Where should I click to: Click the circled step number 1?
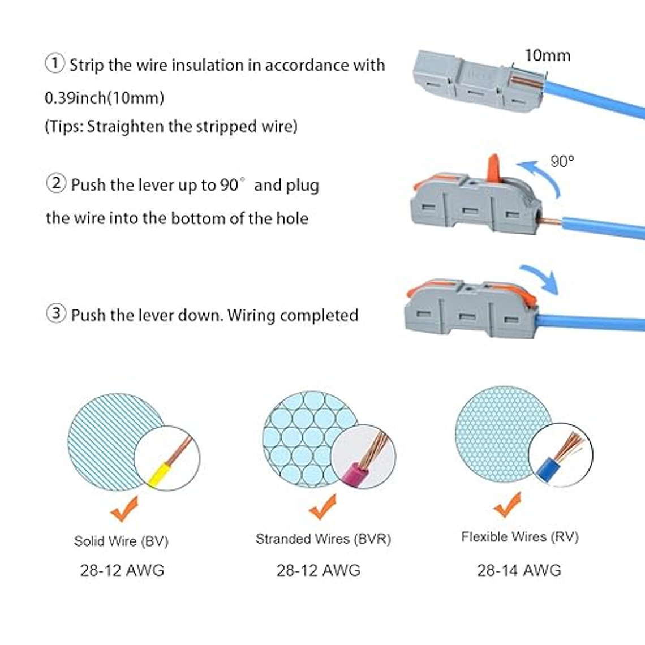click(54, 64)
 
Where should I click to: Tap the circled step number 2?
click(56, 183)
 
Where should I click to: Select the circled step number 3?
click(56, 313)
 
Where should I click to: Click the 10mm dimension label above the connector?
click(548, 55)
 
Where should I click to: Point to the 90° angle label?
click(562, 161)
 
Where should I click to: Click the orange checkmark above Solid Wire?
click(124, 509)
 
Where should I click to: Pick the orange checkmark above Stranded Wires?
click(322, 507)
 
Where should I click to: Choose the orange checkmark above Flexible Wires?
click(507, 505)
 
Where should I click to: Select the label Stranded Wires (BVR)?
click(323, 539)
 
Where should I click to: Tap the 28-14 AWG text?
click(519, 570)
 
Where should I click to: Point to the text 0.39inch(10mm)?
click(105, 98)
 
